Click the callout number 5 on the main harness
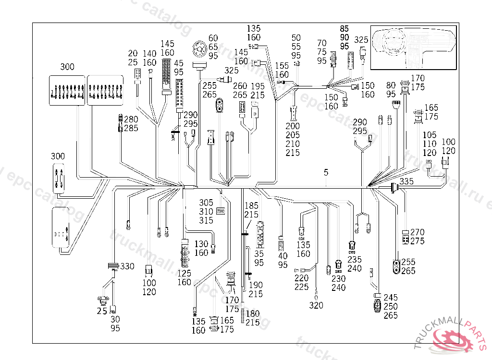(x=326, y=172)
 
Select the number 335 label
(x=406, y=181)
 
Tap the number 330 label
(x=127, y=266)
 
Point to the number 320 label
(x=316, y=305)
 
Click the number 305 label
(x=207, y=203)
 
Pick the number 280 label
(x=131, y=120)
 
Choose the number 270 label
(x=418, y=232)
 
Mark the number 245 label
(x=391, y=298)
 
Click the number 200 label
(x=292, y=127)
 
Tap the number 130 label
(x=201, y=244)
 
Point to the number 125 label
(x=184, y=274)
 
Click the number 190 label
(x=256, y=285)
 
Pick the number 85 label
(x=344, y=29)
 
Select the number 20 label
(x=133, y=53)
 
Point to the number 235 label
(x=355, y=260)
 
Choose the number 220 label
(x=302, y=278)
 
